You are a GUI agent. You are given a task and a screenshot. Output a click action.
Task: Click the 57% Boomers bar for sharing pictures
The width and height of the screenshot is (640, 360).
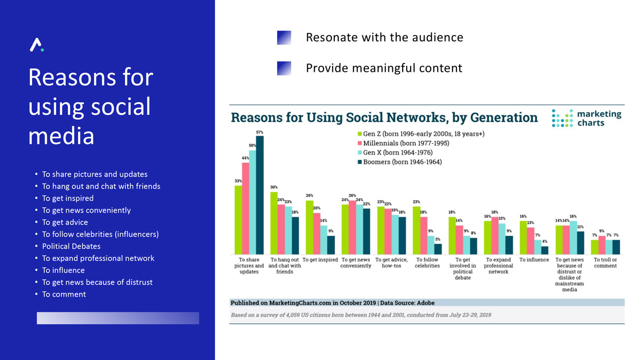pos(259,195)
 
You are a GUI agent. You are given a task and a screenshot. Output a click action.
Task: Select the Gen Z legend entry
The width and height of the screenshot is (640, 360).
pos(423,134)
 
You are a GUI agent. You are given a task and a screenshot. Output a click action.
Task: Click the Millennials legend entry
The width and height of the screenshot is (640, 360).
pos(406,143)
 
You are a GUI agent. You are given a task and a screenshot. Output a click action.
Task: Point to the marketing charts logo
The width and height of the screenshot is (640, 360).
pos(587,118)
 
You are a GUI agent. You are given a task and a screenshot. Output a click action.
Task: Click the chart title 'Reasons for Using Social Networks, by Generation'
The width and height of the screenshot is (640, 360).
pos(384,118)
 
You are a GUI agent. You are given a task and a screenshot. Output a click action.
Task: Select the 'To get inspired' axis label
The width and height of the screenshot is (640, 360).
pos(320,260)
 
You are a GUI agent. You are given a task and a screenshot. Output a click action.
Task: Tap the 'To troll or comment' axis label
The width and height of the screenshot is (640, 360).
pos(605,262)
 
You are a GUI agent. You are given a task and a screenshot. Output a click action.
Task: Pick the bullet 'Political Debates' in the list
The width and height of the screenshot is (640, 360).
pos(71,246)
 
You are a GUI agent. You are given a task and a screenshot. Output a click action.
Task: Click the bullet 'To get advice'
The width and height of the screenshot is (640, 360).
pos(65,222)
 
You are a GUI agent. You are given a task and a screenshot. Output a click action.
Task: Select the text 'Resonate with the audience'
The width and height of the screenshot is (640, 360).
pos(384,37)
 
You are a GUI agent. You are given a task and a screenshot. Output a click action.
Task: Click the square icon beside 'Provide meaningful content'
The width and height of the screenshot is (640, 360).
pos(284,68)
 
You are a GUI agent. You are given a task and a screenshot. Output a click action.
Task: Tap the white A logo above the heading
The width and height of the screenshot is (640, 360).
pos(36,45)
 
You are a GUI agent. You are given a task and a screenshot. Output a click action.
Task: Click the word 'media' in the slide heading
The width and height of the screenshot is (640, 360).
pos(61,135)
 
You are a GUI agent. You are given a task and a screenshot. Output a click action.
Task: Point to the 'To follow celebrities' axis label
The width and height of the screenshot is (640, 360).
pos(427,262)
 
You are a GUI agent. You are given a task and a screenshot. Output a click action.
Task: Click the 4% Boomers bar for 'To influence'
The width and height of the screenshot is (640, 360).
pos(544,250)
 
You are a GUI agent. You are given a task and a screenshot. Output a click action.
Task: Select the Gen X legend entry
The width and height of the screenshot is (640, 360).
pos(398,153)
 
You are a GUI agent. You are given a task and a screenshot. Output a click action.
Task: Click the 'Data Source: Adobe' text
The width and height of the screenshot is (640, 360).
pos(407,303)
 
